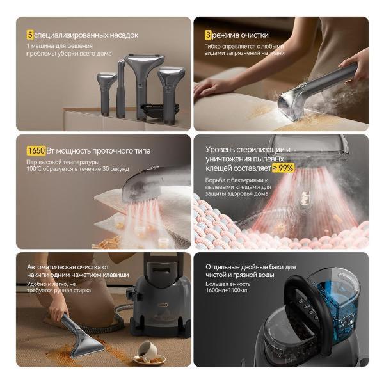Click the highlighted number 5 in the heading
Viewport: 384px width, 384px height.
pyautogui.click(x=29, y=35)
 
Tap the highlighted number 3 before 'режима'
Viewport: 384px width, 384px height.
pyautogui.click(x=207, y=35)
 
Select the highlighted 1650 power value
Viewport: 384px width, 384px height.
pyautogui.click(x=36, y=151)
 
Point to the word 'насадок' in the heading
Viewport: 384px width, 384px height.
pyautogui.click(x=122, y=35)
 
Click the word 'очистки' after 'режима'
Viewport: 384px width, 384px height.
pyautogui.click(x=255, y=35)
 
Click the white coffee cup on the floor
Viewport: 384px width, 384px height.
pyautogui.click(x=146, y=350)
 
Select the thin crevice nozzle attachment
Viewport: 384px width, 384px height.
pyautogui.click(x=120, y=90)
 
